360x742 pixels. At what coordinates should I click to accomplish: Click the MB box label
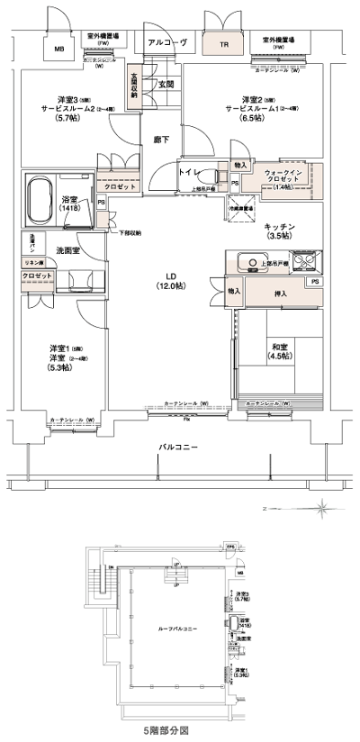tap(59, 50)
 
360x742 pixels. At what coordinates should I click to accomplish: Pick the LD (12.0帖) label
tap(168, 280)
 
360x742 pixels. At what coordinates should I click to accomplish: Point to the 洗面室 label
tap(67, 249)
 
